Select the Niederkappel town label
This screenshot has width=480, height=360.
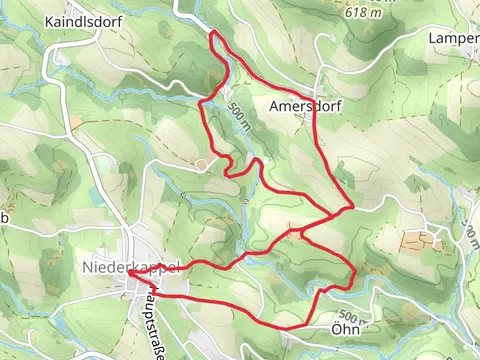click(131, 269)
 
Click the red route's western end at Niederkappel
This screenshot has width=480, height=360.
click(129, 271)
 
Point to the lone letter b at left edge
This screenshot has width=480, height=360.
click(4, 217)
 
